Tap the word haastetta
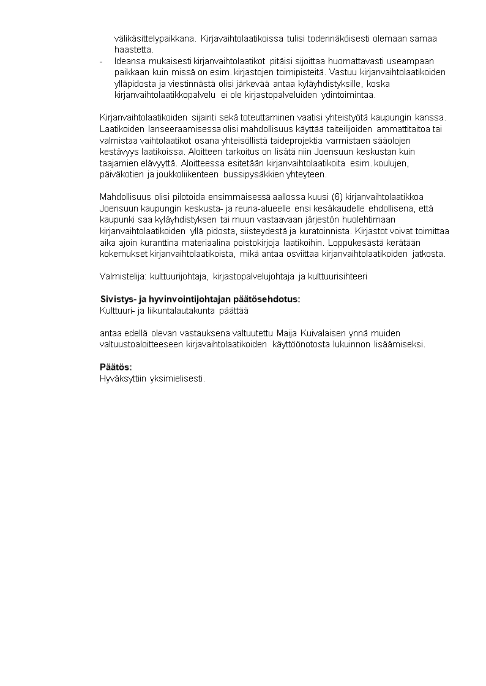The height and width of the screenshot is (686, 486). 134,50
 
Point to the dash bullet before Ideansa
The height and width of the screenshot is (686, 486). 101,61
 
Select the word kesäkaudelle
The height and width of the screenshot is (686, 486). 342,208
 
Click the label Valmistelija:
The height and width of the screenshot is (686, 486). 122,276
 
